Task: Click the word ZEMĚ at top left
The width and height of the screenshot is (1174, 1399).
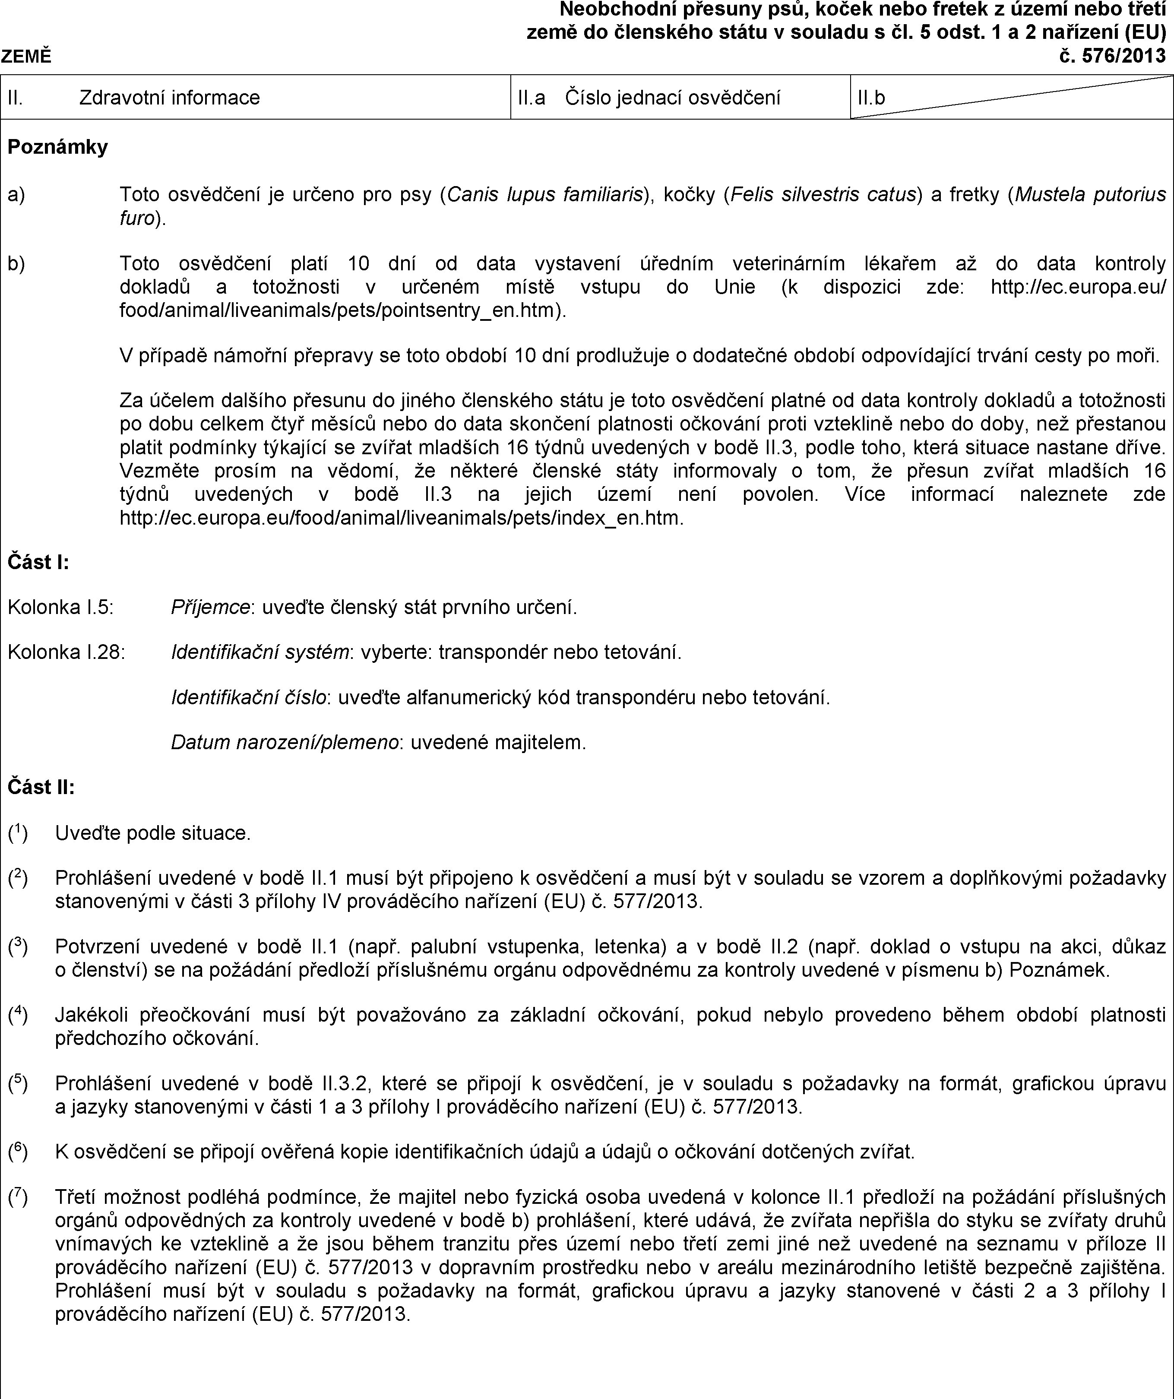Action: pos(26,57)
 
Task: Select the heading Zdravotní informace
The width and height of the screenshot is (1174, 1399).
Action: pos(169,98)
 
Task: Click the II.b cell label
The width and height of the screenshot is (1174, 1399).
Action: pos(871,98)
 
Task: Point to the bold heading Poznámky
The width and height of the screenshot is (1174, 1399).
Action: pos(57,146)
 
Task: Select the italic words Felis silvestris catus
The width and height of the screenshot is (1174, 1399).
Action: pos(823,195)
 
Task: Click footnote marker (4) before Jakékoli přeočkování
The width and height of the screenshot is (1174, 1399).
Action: pos(18,1015)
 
